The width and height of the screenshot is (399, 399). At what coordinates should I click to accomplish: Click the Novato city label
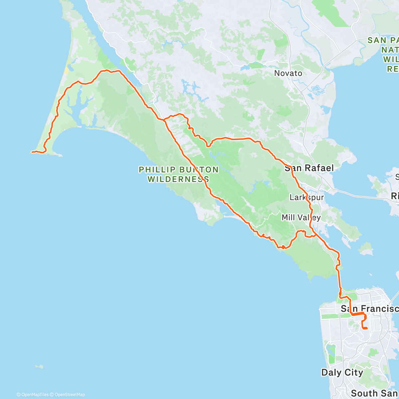288,73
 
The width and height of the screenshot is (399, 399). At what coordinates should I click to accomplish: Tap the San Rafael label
309,168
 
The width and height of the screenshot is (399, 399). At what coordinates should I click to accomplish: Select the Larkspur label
306,197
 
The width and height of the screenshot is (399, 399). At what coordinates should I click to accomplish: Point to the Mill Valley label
301,217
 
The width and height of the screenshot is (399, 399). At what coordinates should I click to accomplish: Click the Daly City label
342,372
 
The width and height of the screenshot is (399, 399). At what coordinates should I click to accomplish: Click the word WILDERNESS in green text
178,179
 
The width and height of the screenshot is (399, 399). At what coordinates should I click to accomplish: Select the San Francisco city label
369,309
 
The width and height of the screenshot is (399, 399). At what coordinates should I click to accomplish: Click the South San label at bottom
374,393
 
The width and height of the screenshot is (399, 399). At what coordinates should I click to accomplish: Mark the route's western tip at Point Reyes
32,152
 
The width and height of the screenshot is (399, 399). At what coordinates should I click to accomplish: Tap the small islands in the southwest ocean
40,366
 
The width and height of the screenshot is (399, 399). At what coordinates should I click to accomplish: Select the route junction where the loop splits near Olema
164,119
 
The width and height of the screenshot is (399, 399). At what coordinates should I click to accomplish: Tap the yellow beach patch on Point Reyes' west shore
67,71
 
